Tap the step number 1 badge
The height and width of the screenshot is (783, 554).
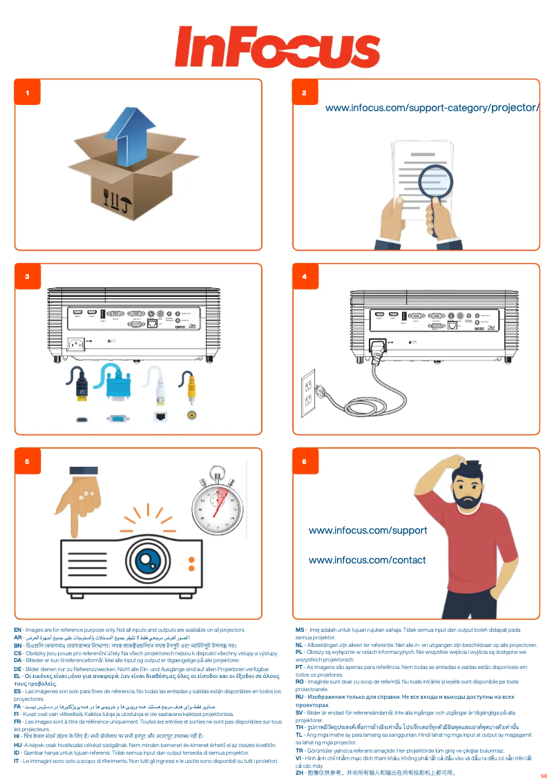click(28, 93)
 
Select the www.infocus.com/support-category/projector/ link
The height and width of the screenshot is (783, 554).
click(432, 108)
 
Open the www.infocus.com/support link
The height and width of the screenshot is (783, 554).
click(367, 531)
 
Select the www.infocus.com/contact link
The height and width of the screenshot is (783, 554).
click(367, 560)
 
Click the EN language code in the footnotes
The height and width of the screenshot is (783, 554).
click(18, 630)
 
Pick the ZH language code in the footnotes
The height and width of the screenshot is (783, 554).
click(300, 773)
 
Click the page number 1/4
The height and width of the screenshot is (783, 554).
click(543, 776)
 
